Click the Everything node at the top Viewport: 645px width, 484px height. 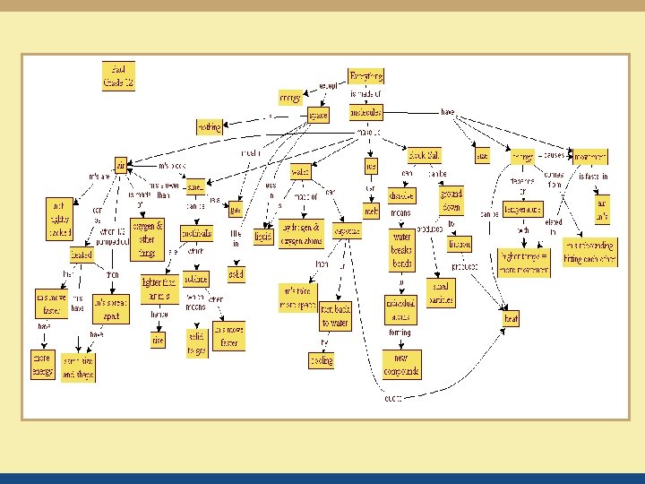tap(365, 76)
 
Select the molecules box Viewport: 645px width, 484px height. tap(365, 112)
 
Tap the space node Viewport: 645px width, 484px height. tap(318, 115)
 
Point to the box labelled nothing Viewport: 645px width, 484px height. tap(209, 127)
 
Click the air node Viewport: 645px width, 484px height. tap(121, 165)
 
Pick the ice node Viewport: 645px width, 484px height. tap(371, 166)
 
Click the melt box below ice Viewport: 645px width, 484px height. tap(371, 211)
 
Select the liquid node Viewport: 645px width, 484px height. tap(263, 237)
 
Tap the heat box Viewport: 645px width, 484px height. tap(512, 317)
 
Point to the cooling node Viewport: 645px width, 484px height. tap(322, 359)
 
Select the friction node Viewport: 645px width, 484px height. tap(460, 244)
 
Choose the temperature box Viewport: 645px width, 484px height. tap(523, 210)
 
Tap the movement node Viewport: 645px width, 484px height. tap(590, 156)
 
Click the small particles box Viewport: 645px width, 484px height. tap(441, 293)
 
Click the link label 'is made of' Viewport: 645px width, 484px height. tap(366, 93)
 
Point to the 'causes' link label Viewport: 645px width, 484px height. tap(553, 154)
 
